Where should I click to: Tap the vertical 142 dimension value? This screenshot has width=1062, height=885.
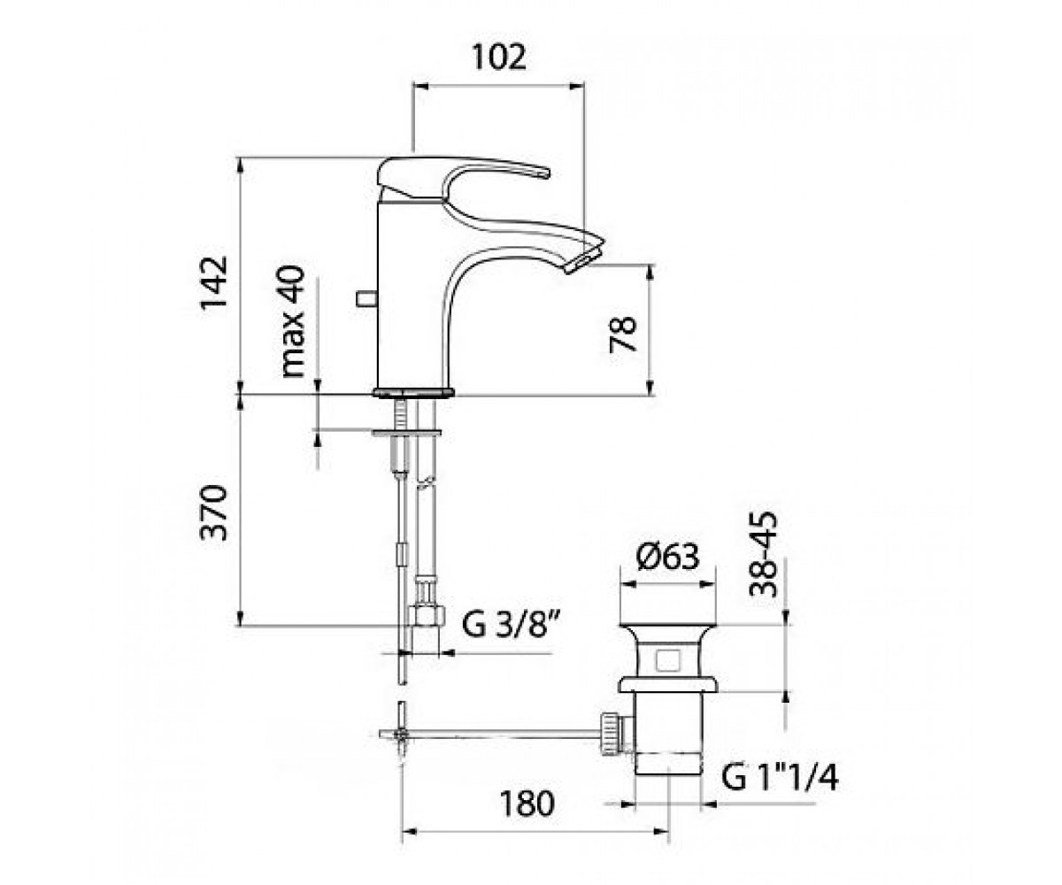[213, 283]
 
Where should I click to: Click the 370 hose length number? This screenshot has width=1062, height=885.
[213, 512]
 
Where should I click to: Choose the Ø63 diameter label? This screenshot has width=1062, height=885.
[667, 557]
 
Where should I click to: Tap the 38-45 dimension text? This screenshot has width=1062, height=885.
[763, 554]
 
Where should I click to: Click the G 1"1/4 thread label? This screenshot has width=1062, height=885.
[779, 778]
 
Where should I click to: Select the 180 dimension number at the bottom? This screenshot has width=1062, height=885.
[527, 804]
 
